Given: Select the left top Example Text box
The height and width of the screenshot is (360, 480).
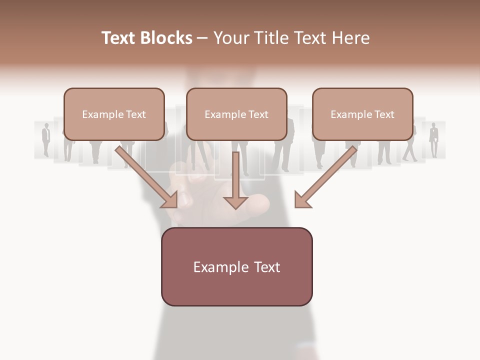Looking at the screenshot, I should [x=114, y=114].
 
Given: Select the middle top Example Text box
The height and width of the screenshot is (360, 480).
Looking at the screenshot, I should [x=236, y=114].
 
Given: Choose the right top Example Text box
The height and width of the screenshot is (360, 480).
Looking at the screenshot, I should [x=362, y=114].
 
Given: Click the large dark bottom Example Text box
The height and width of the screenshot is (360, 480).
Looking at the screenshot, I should [x=236, y=266].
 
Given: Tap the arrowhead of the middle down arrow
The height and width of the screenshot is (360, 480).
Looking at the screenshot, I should [x=235, y=202].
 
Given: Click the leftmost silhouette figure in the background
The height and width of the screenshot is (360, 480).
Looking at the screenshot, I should [x=46, y=139].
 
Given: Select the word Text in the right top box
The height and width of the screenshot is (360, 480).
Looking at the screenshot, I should [x=384, y=114].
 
